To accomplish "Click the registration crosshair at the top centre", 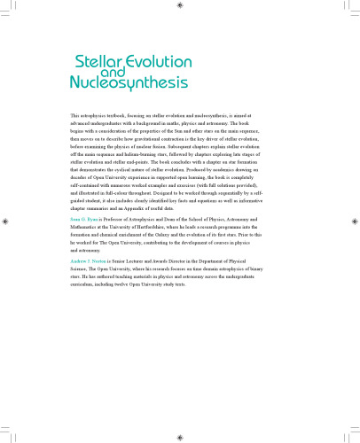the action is click(x=180, y=5).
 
